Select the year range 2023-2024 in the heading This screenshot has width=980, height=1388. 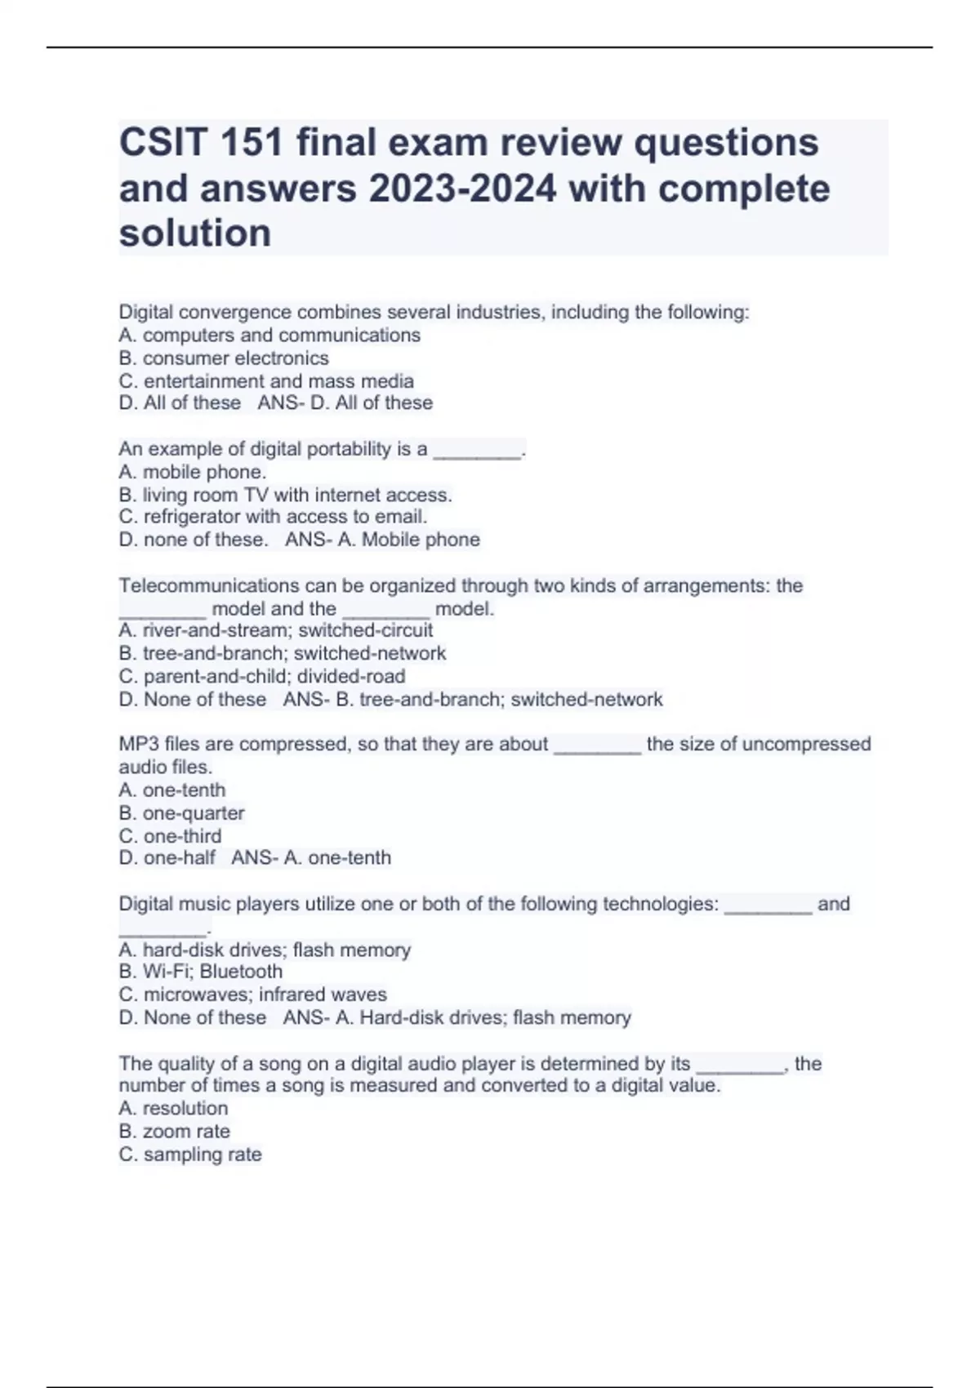click(463, 189)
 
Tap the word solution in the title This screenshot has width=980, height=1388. click(195, 234)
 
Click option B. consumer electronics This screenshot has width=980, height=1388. click(224, 358)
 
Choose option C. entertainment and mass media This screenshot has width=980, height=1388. click(266, 381)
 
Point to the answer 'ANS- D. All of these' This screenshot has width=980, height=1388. click(345, 403)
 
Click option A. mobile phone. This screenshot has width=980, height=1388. click(193, 472)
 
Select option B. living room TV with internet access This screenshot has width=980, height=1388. click(285, 495)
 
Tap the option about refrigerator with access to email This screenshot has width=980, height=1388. click(273, 517)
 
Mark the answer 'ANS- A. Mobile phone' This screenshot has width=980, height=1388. click(382, 540)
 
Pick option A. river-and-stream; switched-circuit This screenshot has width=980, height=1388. click(276, 630)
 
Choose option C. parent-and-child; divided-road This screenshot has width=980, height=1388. click(262, 677)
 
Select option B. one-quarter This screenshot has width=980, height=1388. click(181, 813)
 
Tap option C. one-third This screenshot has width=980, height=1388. click(170, 836)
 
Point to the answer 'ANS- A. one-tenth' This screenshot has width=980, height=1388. click(311, 858)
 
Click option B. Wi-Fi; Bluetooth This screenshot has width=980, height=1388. click(201, 972)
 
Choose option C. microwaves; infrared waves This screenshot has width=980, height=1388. click(253, 994)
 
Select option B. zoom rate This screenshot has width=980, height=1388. click(174, 1132)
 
